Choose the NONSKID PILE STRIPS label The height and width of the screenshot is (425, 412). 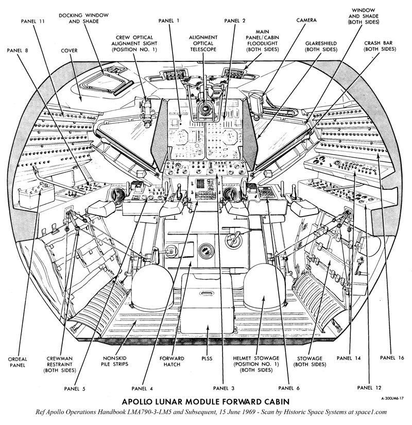[113, 361]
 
